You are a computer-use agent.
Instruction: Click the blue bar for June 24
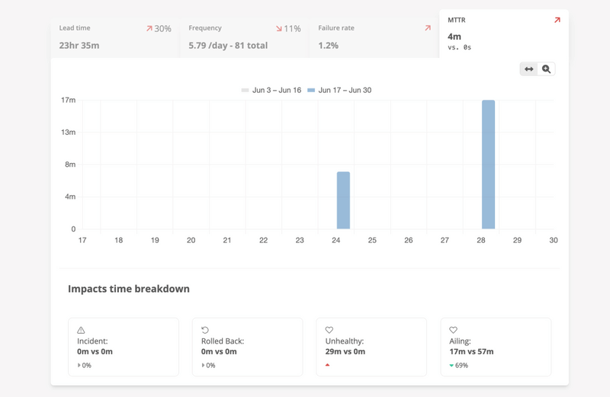[x=343, y=200]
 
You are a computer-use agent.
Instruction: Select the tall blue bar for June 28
[x=488, y=165]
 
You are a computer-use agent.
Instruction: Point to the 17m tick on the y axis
[x=69, y=100]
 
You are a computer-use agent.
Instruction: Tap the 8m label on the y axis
[x=69, y=165]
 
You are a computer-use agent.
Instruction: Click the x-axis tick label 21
[x=227, y=240]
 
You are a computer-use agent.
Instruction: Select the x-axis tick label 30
[x=554, y=240]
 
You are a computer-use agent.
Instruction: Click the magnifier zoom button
[x=546, y=69]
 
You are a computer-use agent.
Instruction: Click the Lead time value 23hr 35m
[x=79, y=46]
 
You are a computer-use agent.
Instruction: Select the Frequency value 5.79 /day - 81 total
[x=228, y=46]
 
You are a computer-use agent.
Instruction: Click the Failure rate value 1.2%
[x=329, y=46]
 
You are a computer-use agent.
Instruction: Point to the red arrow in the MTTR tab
[x=557, y=21]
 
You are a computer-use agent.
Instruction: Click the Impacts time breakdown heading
[x=129, y=289]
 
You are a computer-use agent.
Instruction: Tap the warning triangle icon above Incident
[x=81, y=330]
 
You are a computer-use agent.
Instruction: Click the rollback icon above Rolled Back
[x=205, y=330]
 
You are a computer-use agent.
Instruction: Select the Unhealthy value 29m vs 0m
[x=345, y=351]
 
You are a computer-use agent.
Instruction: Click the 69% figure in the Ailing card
[x=462, y=366]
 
